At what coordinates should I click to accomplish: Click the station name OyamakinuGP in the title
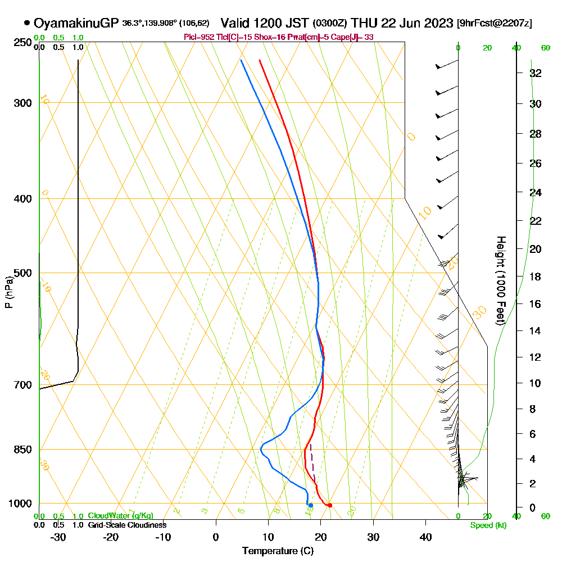76,23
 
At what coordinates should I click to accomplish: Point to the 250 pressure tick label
20,43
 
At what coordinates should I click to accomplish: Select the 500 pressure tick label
20,273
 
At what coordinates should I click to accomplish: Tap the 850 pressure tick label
20,450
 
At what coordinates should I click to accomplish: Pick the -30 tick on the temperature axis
58,537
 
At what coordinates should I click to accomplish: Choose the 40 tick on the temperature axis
425,537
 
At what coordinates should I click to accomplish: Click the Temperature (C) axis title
278,551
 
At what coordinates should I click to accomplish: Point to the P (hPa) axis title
8,292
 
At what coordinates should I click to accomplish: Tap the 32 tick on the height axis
536,73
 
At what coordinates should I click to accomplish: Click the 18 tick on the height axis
536,277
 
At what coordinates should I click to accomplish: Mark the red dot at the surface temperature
330,505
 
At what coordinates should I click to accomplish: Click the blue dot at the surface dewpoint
310,505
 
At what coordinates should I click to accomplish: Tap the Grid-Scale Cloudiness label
127,525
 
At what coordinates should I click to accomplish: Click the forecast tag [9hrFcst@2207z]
495,24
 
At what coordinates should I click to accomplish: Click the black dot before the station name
26,23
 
